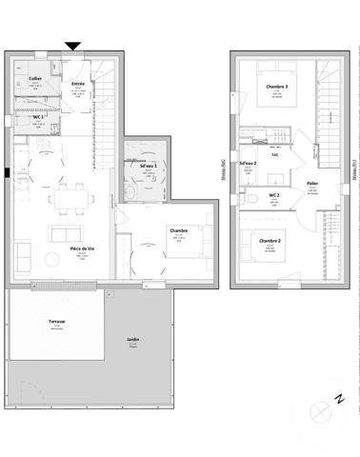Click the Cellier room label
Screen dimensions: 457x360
tap(35, 78)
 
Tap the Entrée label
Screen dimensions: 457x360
tap(78, 84)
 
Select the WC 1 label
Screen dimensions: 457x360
tap(39, 115)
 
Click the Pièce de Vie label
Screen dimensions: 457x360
tap(81, 249)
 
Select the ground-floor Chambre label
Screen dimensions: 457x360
tap(178, 230)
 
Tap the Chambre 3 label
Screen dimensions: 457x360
tap(277, 88)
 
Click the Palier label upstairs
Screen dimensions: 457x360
tap(311, 183)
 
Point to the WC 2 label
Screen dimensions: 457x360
tap(273, 194)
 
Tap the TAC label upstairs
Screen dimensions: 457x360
tap(274, 154)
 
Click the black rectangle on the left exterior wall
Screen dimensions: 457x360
tap(7, 173)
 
